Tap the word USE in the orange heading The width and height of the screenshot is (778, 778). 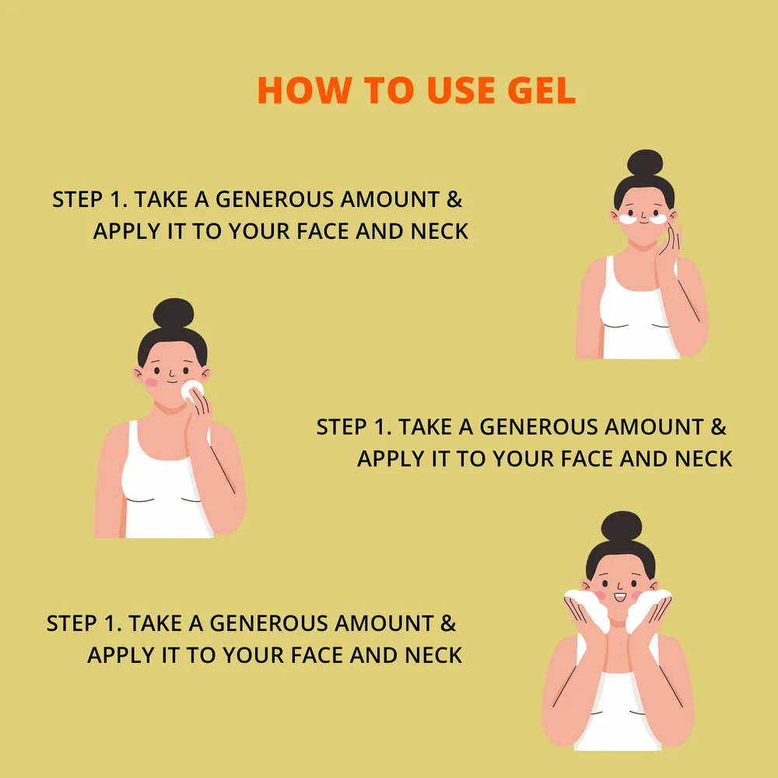[x=461, y=90]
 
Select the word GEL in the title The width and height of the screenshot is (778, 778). [x=541, y=90]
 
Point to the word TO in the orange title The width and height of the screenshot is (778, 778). [x=388, y=90]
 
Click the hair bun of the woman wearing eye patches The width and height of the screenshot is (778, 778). [x=644, y=163]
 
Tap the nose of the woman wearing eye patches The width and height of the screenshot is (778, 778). [x=643, y=216]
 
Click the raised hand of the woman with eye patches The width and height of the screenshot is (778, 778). [x=669, y=248]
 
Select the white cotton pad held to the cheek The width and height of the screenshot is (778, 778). [x=191, y=390]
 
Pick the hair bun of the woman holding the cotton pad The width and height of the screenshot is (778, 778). [x=173, y=313]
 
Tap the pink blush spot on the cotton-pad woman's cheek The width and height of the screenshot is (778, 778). [x=152, y=382]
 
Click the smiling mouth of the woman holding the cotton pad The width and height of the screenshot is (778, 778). [x=172, y=381]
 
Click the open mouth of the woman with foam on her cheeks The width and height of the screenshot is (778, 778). [x=620, y=598]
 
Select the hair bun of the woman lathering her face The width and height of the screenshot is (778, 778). [x=621, y=526]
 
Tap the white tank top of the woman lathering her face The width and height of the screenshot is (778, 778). [x=618, y=710]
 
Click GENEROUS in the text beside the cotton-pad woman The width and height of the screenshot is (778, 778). [x=539, y=427]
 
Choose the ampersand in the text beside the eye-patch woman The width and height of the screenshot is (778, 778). [x=454, y=199]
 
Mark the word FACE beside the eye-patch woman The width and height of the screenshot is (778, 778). [x=323, y=231]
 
